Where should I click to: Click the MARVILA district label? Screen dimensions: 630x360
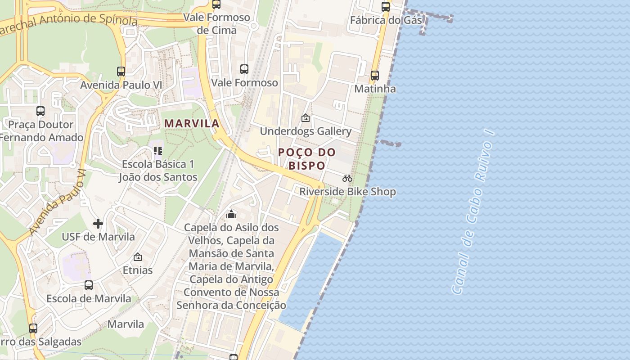[192, 123]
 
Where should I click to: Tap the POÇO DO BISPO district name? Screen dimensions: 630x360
[307, 159]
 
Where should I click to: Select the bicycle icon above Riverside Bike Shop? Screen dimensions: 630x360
[347, 178]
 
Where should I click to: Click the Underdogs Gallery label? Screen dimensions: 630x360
[306, 131]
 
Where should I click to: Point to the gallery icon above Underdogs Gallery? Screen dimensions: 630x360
[306, 118]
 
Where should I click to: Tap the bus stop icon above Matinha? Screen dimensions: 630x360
[375, 76]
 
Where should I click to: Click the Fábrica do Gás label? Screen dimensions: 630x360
[386, 20]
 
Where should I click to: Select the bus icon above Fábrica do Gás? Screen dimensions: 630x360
[386, 7]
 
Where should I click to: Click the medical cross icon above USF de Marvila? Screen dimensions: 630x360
[98, 223]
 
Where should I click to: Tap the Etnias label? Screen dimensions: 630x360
[138, 270]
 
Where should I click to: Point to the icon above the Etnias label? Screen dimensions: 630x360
[138, 257]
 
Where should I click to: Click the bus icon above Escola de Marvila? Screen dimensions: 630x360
[89, 285]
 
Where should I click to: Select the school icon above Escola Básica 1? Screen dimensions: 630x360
[158, 150]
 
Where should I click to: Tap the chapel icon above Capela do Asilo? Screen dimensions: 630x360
[231, 214]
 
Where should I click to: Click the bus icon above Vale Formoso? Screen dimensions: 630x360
[244, 69]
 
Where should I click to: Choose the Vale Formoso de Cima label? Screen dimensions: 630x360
[216, 24]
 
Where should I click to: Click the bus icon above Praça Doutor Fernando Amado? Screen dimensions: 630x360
[40, 111]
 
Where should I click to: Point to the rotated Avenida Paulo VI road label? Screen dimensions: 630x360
[57, 202]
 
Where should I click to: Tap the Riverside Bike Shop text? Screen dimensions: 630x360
[348, 192]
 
